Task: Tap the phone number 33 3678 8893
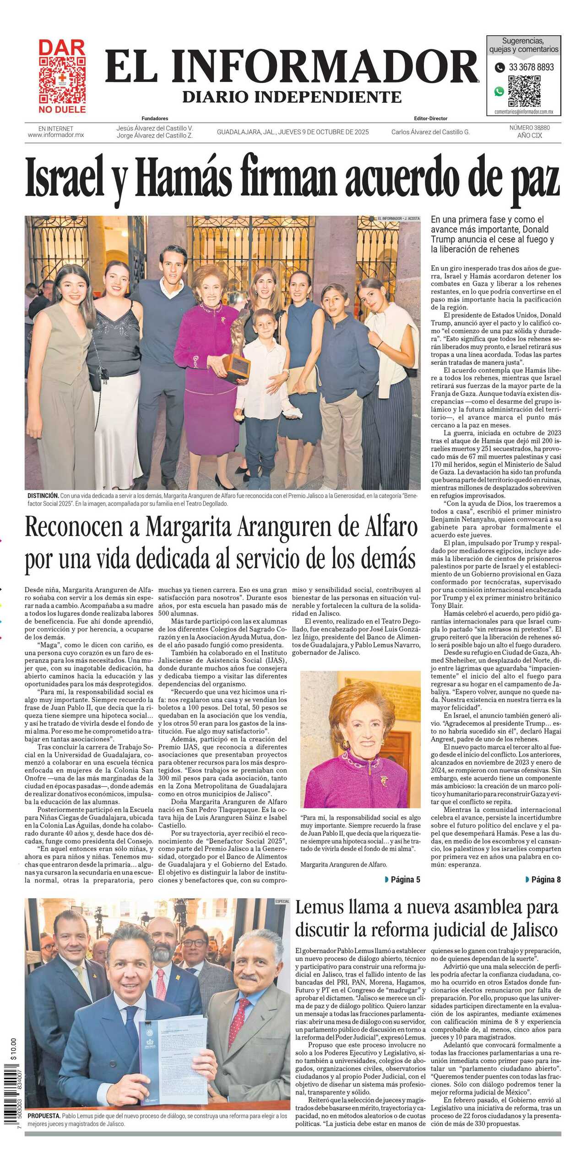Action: point(531,67)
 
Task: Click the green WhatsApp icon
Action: point(499,91)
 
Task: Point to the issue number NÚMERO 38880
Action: point(530,128)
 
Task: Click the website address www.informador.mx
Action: point(56,135)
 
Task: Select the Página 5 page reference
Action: point(402,879)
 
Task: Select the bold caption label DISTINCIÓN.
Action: point(43,496)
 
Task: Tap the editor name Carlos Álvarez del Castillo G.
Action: point(430,132)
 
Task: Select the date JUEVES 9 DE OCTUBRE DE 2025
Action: point(323,132)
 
